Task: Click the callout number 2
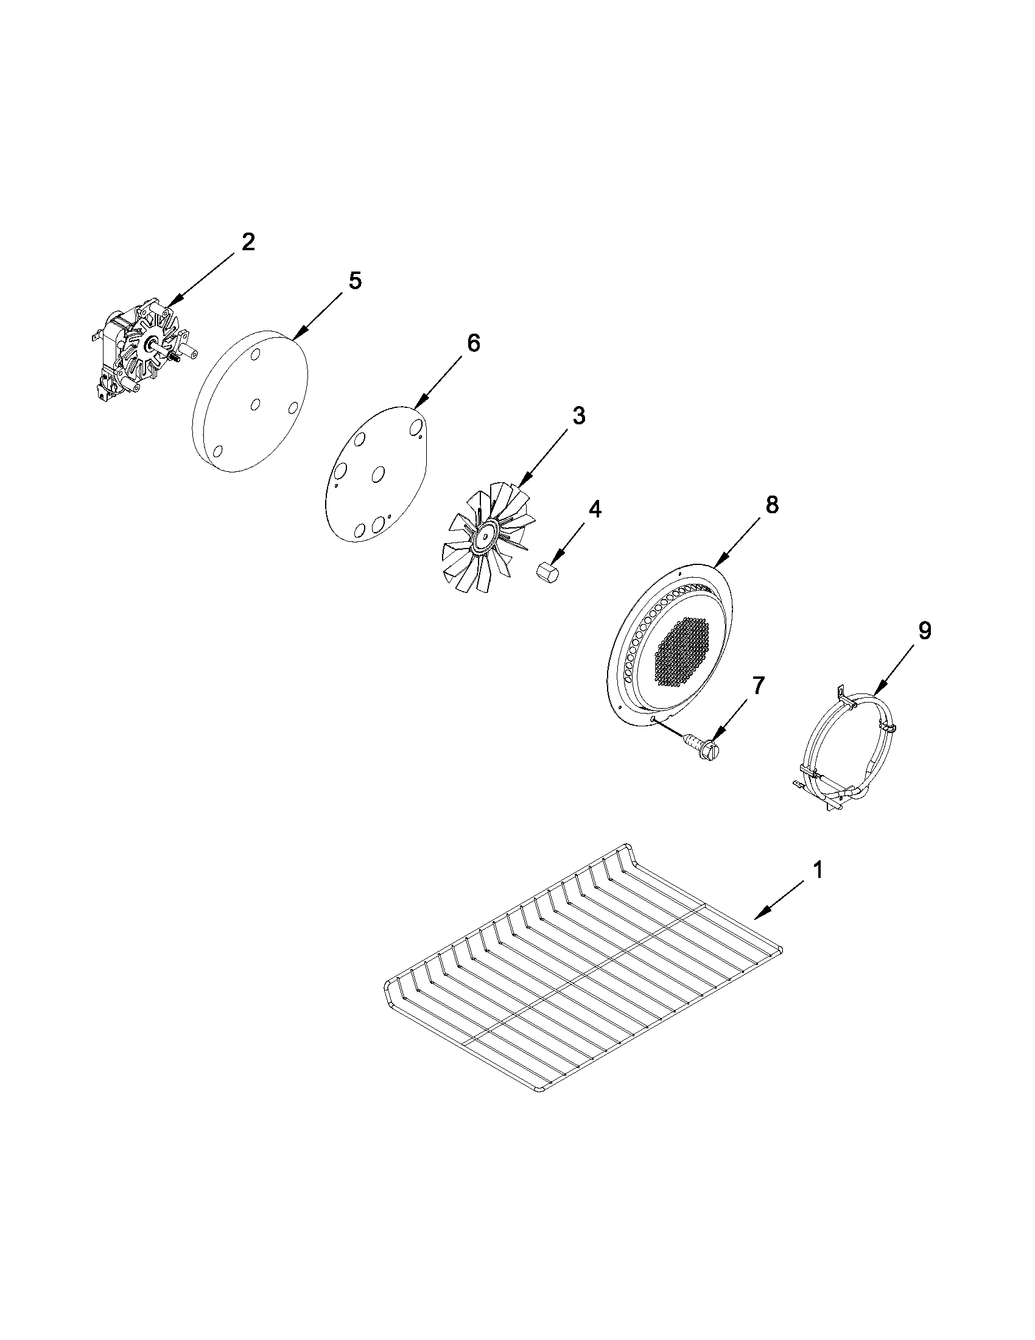(247, 242)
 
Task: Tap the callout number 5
(354, 281)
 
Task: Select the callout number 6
(473, 343)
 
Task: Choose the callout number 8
(771, 505)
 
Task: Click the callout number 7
(759, 686)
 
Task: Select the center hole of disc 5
(256, 404)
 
